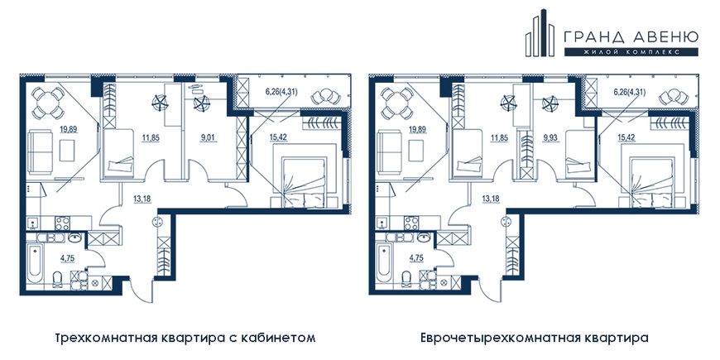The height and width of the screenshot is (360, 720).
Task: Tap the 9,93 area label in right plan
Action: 552,137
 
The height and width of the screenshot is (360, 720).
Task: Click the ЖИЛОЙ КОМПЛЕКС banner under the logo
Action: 631,52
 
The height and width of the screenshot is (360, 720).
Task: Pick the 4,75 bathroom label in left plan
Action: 67,257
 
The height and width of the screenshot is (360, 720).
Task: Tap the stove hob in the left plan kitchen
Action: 62,223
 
